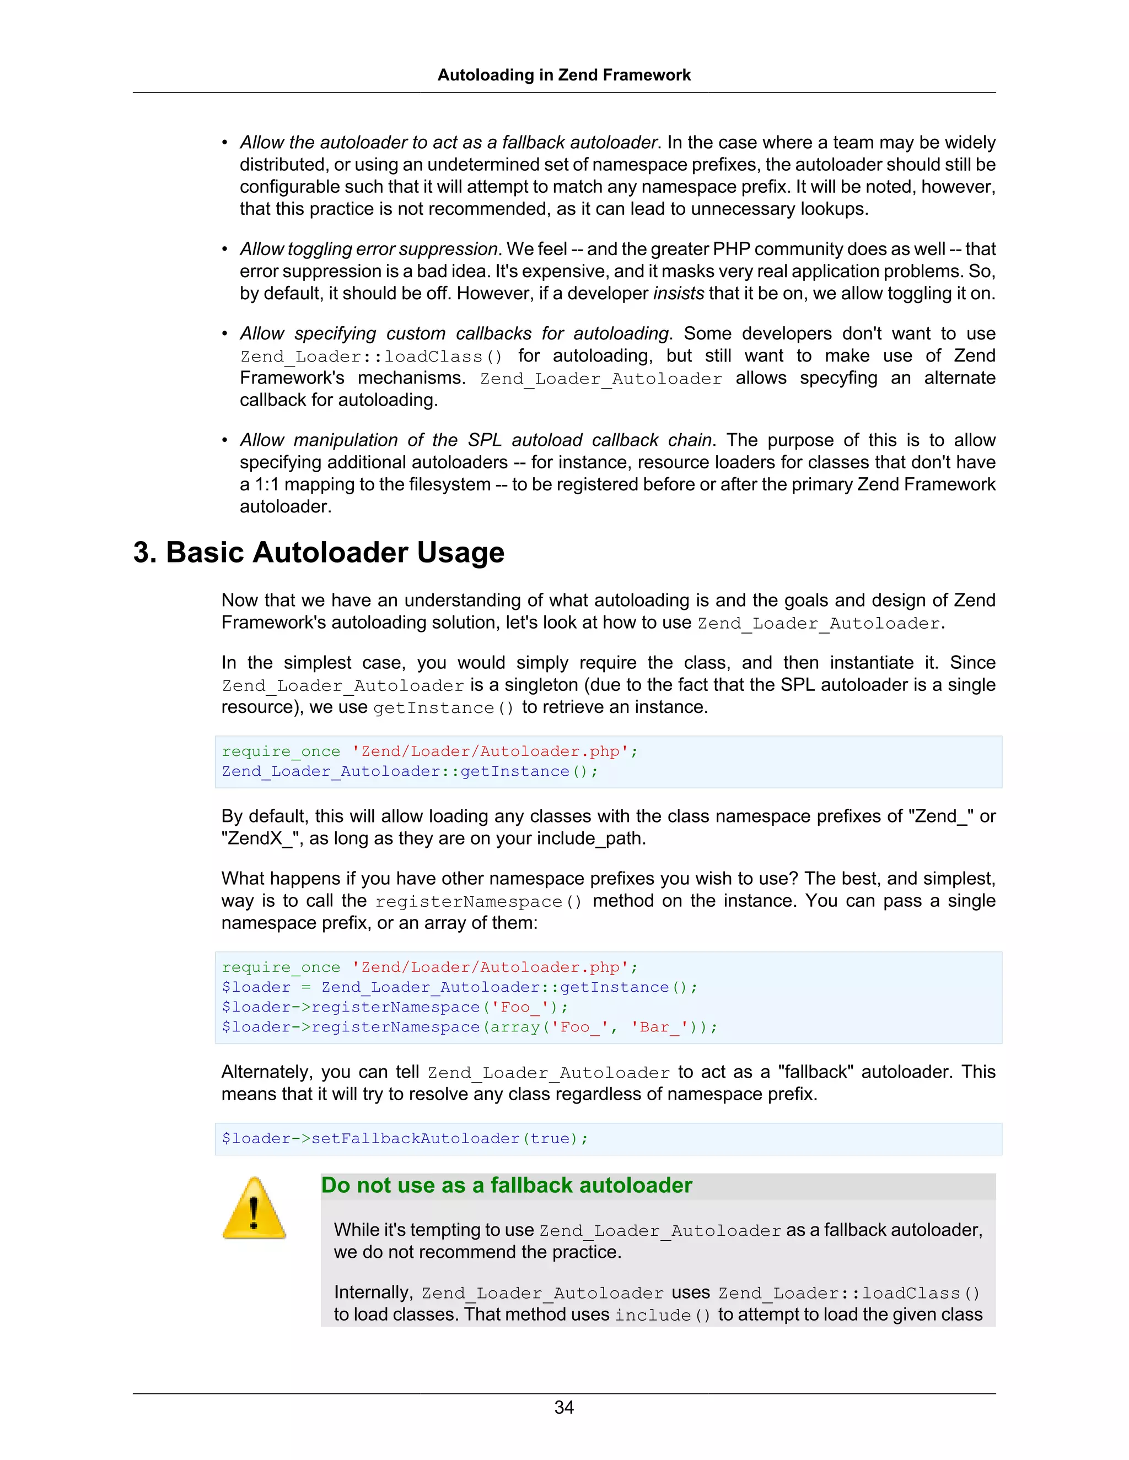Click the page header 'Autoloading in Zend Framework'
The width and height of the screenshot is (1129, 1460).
(x=564, y=75)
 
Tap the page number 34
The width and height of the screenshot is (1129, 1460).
(x=564, y=1407)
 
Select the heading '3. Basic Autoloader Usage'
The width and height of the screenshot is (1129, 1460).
(x=319, y=552)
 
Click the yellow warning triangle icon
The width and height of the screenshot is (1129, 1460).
(x=254, y=1209)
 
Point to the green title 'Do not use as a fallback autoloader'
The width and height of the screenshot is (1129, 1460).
(x=506, y=1185)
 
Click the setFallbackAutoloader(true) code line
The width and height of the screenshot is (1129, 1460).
(x=405, y=1138)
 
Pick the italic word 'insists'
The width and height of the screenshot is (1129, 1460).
(x=678, y=294)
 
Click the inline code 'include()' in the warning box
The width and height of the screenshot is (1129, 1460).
(x=663, y=1315)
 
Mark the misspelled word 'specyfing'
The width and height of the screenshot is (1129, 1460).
(x=838, y=378)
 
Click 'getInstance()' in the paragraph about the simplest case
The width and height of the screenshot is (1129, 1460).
(x=443, y=707)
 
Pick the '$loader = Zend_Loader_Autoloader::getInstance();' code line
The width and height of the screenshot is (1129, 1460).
(x=460, y=987)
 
